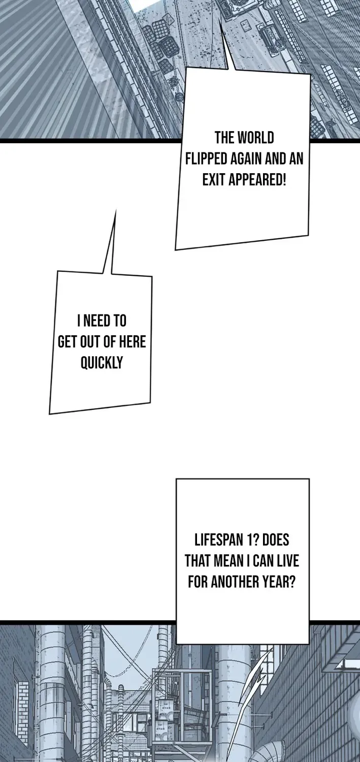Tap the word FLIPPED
point(206,159)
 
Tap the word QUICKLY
point(102,363)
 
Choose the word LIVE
point(287,561)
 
